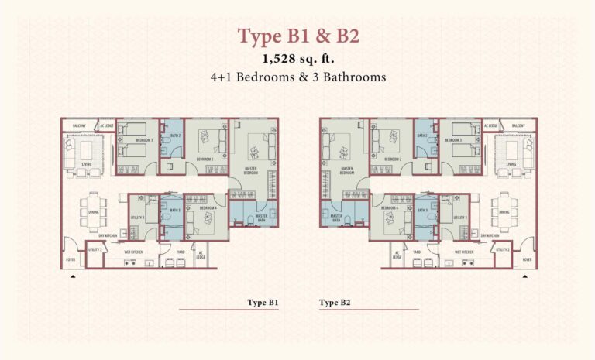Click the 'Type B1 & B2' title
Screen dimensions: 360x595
(297, 36)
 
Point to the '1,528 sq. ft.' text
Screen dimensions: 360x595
(297, 59)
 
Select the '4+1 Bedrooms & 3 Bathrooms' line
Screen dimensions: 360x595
(297, 77)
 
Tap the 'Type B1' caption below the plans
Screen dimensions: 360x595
(263, 302)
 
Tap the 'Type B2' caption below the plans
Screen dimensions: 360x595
(335, 302)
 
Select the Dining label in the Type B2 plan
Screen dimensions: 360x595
(504, 211)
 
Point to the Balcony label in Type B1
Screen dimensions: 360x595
(79, 125)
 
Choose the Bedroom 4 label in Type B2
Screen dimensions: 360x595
(390, 208)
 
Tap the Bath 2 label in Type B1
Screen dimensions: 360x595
(175, 136)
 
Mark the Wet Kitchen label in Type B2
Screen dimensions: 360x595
(465, 251)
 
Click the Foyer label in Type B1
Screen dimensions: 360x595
(71, 259)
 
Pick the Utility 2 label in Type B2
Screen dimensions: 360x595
(502, 249)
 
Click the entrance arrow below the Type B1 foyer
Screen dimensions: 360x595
(72, 275)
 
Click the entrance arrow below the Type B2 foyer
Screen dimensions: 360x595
(524, 275)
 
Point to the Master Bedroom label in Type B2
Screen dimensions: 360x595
(346, 172)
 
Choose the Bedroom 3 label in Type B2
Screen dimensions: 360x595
(454, 140)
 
